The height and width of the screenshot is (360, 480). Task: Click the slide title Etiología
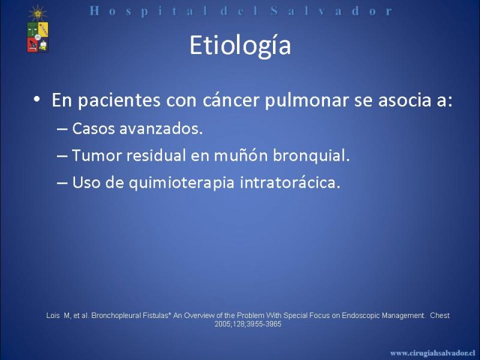point(240,46)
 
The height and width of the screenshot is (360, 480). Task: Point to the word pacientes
point(119,100)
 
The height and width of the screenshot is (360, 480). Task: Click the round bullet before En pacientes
point(37,99)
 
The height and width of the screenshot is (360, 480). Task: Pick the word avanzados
point(161,128)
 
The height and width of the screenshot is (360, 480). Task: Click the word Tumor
point(97,155)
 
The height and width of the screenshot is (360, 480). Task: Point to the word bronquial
point(311,155)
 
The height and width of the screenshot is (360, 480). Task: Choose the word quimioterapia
point(182,182)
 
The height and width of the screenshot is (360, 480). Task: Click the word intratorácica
point(290,182)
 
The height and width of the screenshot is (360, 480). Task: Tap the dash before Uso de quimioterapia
point(62,183)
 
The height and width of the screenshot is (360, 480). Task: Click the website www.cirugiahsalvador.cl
point(433,353)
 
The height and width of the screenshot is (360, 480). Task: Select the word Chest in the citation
point(440,316)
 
